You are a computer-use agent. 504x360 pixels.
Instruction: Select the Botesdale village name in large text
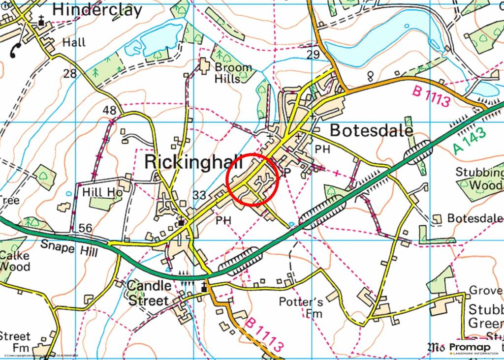[x=371, y=130]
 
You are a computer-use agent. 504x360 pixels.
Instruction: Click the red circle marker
[x=253, y=180]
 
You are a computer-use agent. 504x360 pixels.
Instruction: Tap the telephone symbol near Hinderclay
[x=14, y=50]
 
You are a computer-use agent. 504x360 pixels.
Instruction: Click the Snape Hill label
[x=68, y=249]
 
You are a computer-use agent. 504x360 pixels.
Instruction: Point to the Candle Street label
[x=150, y=293]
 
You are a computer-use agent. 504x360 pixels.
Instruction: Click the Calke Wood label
[x=15, y=261]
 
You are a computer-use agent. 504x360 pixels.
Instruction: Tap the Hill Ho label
[x=102, y=192]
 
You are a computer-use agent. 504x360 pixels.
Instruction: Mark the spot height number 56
[x=85, y=228]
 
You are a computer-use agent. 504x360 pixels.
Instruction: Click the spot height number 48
[x=110, y=111]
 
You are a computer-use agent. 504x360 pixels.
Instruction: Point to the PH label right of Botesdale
[x=322, y=149]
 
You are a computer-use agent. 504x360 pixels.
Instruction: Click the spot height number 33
[x=199, y=195]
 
